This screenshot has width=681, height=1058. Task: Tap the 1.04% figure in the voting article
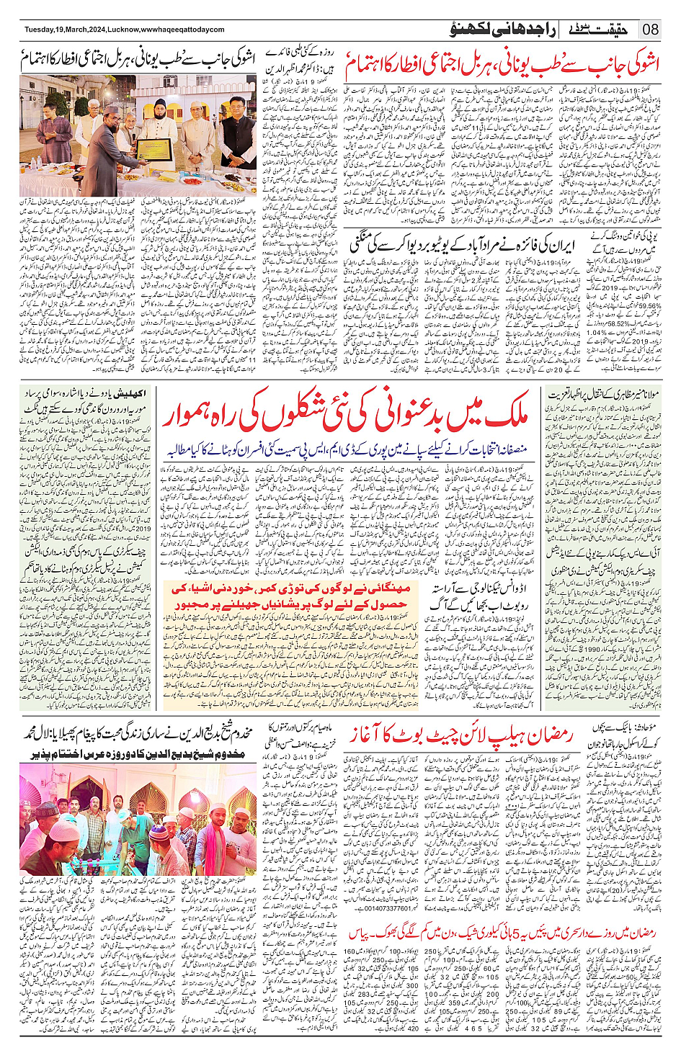coord(597,333)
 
